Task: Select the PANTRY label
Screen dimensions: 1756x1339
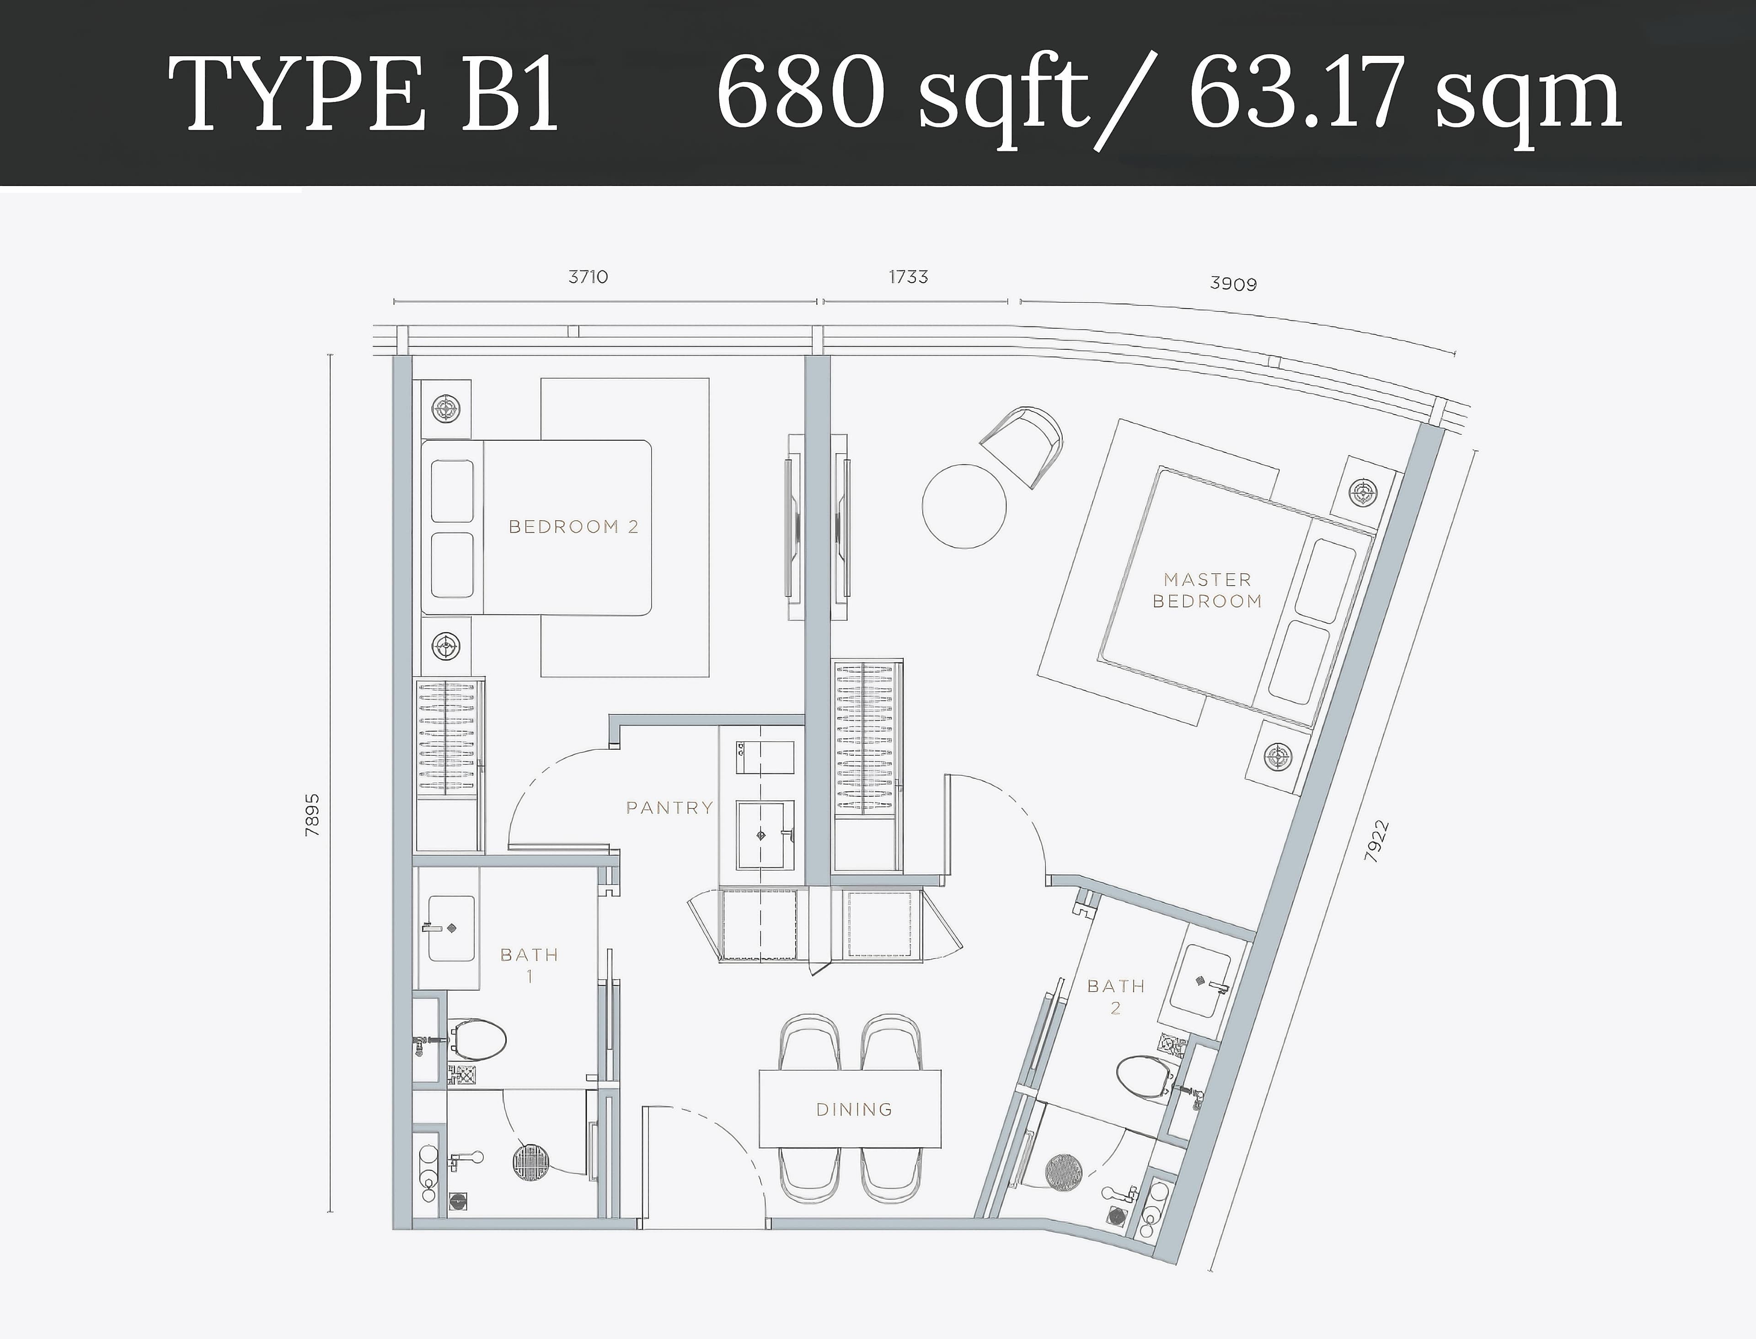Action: click(669, 808)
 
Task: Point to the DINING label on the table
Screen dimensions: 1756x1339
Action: click(854, 1110)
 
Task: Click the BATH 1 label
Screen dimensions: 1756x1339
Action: click(529, 965)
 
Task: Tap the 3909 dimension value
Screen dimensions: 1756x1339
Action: click(1233, 284)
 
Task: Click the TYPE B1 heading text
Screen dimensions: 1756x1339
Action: click(364, 94)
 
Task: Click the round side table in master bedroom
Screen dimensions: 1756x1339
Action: click(964, 506)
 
